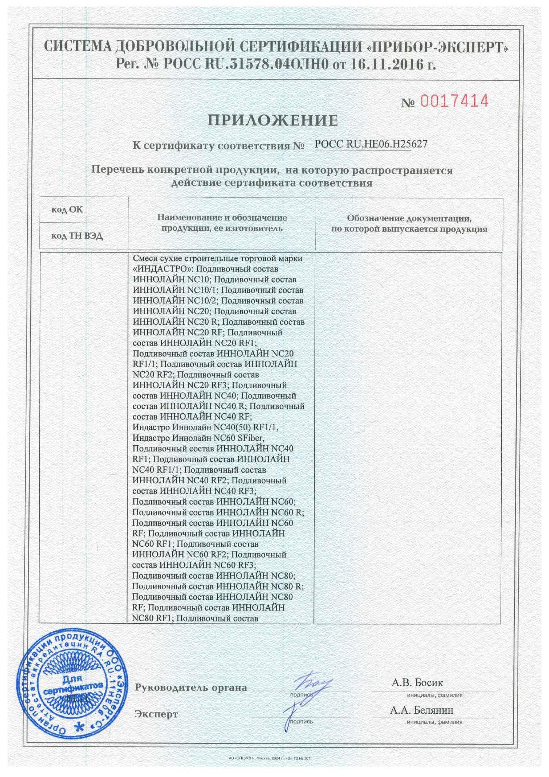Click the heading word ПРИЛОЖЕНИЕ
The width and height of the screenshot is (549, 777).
tap(273, 120)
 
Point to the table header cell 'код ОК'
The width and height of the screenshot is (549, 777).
tap(67, 210)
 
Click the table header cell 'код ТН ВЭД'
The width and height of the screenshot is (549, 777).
tap(77, 236)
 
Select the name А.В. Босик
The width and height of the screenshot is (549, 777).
tap(417, 683)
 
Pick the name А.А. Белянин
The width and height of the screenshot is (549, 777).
tap(421, 710)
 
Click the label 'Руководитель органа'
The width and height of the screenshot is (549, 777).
tap(191, 688)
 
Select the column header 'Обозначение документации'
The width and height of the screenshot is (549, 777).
tap(409, 218)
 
